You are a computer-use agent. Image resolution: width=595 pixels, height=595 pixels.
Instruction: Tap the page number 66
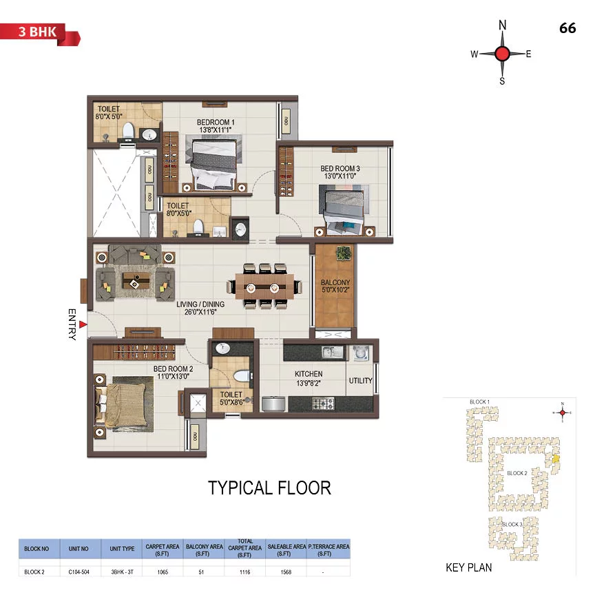pyautogui.click(x=567, y=28)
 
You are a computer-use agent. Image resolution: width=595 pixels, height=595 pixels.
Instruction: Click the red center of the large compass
pyautogui.click(x=502, y=54)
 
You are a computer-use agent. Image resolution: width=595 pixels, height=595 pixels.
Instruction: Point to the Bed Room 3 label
pyautogui.click(x=340, y=172)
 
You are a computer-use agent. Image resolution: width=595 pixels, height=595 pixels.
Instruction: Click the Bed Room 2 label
pyautogui.click(x=172, y=373)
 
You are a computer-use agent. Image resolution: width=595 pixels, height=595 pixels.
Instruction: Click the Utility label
pyautogui.click(x=360, y=381)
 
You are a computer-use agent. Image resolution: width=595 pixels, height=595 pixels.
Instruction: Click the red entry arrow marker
pyautogui.click(x=83, y=324)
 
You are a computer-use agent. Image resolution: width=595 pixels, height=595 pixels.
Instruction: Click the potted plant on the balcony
pyautogui.click(x=342, y=254)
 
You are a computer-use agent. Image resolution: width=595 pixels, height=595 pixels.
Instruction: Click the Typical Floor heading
pyautogui.click(x=269, y=488)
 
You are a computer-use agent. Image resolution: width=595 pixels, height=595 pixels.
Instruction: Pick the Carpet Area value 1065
pyautogui.click(x=163, y=572)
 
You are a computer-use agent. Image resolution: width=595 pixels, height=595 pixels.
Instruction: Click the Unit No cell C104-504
pyautogui.click(x=81, y=572)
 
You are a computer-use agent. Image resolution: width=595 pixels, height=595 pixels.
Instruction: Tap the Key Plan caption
pyautogui.click(x=468, y=568)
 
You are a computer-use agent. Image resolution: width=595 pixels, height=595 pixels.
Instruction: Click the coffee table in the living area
pyautogui.click(x=134, y=278)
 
